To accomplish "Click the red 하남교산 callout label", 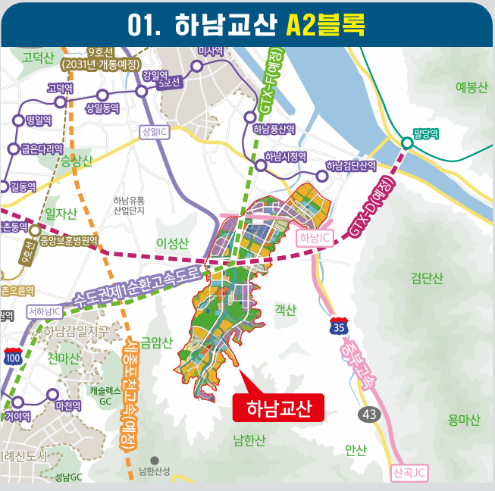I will (x=278, y=408).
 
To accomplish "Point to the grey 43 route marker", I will (x=369, y=414).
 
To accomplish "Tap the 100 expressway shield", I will (x=13, y=357).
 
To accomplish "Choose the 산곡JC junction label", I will (x=410, y=473).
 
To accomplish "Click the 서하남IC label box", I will (x=43, y=311).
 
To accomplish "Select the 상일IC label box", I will (x=154, y=132).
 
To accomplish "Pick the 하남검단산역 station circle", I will (x=322, y=177).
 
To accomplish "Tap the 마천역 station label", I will (x=67, y=406).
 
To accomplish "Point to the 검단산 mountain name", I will (x=426, y=278).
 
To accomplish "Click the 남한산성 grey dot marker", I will (x=155, y=460).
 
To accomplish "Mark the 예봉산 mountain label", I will (x=472, y=86).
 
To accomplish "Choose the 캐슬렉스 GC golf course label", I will (x=105, y=395).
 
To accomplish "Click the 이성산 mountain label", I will (x=171, y=242).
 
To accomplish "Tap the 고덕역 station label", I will (x=60, y=88).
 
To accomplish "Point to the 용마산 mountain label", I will (x=464, y=419).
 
